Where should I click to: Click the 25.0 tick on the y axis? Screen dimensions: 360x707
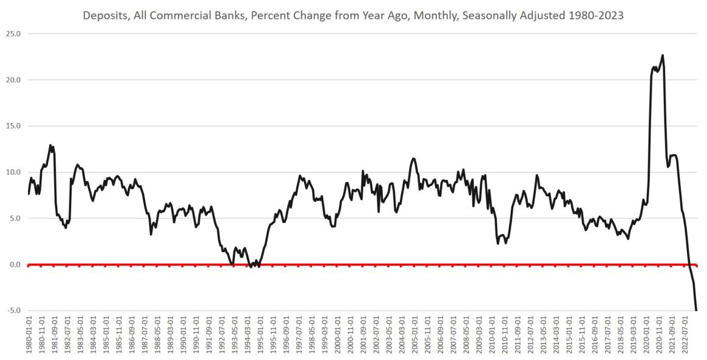click(x=13, y=34)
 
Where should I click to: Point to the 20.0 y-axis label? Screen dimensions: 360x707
click(x=13, y=80)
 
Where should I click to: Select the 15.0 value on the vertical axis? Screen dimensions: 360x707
click(x=13, y=126)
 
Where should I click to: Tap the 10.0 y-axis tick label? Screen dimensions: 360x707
click(x=13, y=172)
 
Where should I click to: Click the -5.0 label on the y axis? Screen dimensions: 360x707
click(x=13, y=311)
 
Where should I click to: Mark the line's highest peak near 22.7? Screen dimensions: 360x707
click(x=663, y=55)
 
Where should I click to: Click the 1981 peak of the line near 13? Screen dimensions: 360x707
click(x=51, y=145)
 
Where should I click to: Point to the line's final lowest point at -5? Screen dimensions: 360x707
click(x=696, y=310)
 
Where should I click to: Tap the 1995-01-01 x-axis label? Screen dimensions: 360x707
click(x=260, y=335)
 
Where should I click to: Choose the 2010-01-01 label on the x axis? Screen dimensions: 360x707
click(x=493, y=335)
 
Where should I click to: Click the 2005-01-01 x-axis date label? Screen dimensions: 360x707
click(x=416, y=335)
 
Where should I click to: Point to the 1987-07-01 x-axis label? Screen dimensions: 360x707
click(x=144, y=335)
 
